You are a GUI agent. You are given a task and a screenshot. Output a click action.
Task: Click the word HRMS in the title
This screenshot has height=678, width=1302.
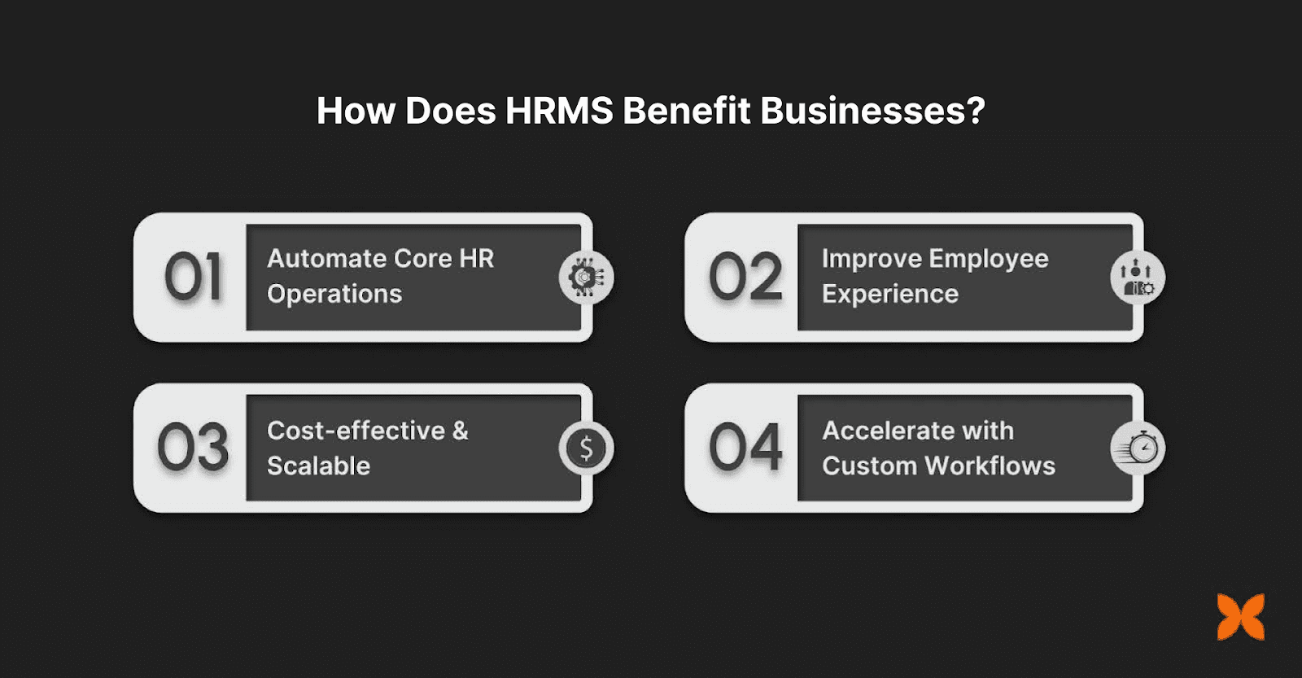pos(558,111)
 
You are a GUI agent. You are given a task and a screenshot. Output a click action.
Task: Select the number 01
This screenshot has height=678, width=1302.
pos(193,277)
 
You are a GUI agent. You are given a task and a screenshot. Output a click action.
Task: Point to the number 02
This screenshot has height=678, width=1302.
pos(745,277)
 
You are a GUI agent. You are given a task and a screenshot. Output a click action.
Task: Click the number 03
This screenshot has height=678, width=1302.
pos(193,447)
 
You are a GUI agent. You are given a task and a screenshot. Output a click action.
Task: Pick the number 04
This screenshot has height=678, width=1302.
pos(745,447)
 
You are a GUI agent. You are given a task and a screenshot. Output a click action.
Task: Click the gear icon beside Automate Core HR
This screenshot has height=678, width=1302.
pos(586,277)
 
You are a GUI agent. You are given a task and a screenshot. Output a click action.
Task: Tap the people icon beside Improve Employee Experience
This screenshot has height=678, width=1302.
pos(1138,278)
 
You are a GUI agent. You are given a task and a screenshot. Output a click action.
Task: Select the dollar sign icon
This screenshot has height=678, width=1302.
pos(586,448)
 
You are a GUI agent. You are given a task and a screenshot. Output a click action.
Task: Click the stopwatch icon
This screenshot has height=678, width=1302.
pos(1138,448)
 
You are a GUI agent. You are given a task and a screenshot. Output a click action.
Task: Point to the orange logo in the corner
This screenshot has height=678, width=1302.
pos(1241,616)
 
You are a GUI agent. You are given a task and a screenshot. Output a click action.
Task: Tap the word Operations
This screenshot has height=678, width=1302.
pos(334,294)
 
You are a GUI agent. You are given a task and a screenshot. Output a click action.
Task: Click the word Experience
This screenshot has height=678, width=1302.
pos(890,294)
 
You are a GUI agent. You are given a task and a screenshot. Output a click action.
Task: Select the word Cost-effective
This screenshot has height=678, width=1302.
pos(356,431)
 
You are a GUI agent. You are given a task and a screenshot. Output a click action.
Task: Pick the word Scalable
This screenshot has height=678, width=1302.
pos(318,466)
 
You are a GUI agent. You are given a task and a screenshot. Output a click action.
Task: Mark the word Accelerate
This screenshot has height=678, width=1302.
pos(888,431)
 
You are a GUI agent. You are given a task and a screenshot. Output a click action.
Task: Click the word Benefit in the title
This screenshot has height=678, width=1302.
pos(687,111)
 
